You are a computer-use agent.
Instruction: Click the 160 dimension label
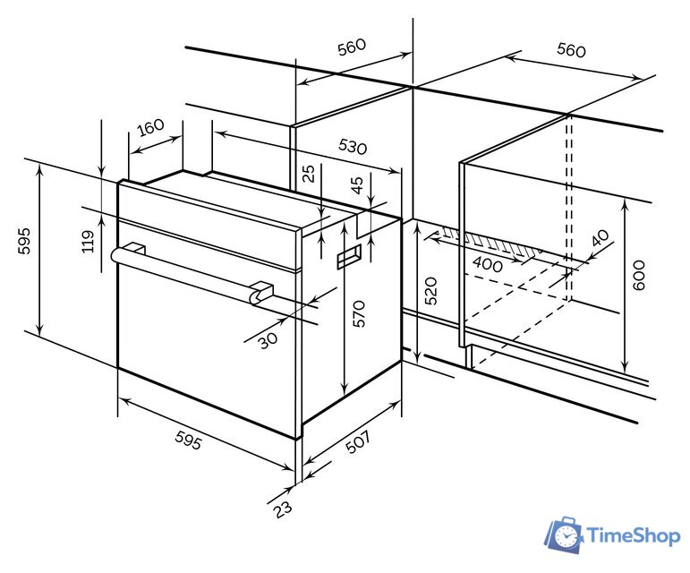pos(151,126)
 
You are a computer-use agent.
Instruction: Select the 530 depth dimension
pos(353,146)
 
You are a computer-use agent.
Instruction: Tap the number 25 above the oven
pos(309,174)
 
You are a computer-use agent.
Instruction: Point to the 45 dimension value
pos(357,186)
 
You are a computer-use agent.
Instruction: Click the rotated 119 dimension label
pos(88,242)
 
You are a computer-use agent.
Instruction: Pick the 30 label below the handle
pos(268,340)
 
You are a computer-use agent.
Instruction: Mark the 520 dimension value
pos(430,292)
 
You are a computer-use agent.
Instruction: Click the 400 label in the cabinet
pos(487,265)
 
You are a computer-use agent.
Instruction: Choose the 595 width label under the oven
pos(190,440)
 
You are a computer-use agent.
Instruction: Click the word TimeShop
pos(633,536)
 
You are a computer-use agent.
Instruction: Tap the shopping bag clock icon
pos(564,535)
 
